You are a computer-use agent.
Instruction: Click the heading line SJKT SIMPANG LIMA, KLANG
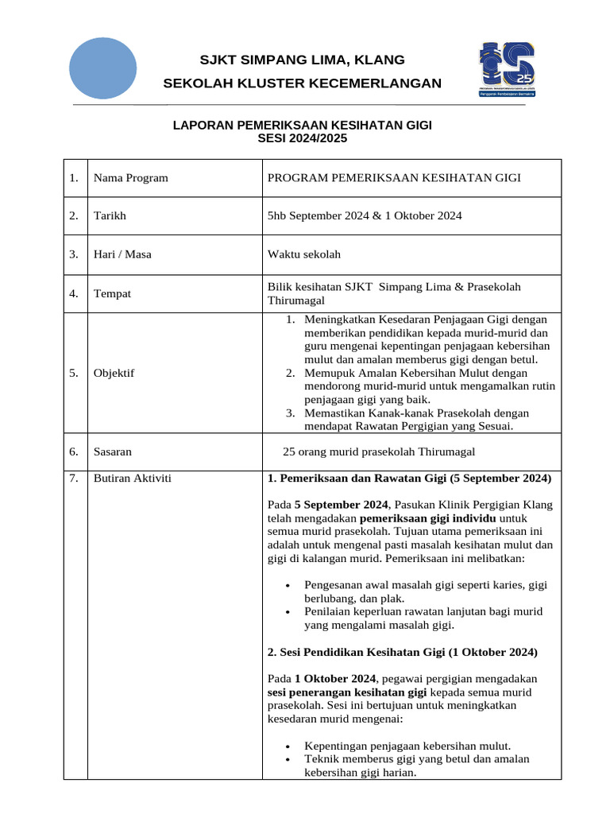[302, 60]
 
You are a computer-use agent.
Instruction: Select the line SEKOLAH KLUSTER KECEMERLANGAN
[302, 83]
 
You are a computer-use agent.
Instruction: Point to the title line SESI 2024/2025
[302, 138]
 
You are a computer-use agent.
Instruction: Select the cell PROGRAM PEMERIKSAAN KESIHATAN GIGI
[394, 178]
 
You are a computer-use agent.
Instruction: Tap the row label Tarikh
[110, 216]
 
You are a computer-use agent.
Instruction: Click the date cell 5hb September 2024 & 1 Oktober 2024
[365, 216]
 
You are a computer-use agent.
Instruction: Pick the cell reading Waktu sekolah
[304, 254]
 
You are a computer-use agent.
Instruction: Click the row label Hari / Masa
[122, 254]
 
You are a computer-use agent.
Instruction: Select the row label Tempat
[112, 294]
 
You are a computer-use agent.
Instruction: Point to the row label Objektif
[114, 373]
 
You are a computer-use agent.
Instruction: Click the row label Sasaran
[113, 452]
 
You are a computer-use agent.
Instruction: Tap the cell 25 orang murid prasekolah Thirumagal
[379, 452]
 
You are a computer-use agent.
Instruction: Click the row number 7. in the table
[73, 478]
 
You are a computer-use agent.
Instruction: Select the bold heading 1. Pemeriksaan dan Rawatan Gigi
[409, 479]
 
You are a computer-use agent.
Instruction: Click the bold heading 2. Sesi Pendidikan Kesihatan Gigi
[403, 652]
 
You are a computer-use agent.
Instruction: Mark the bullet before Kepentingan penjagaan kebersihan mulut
[287, 746]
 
